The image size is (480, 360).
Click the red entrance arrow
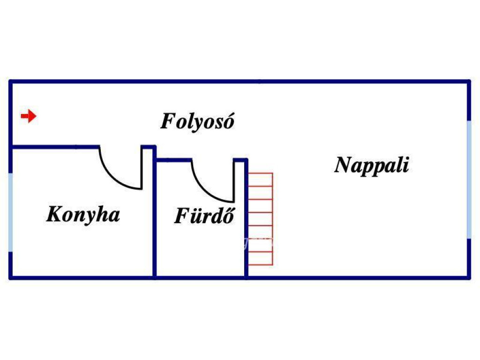[29, 116]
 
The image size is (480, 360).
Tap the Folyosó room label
[197, 122]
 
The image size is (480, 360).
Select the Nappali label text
[372, 165]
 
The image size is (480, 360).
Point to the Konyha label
[83, 215]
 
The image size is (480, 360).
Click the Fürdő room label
[204, 216]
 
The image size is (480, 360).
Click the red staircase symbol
[260, 219]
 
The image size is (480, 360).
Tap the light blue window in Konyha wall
[10, 212]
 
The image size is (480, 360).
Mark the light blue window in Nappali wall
[469, 179]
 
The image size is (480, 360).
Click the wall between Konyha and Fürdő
[154, 220]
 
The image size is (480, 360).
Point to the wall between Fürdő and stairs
[246, 220]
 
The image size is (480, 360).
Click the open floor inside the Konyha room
[80, 248]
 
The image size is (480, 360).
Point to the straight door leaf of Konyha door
[142, 168]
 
